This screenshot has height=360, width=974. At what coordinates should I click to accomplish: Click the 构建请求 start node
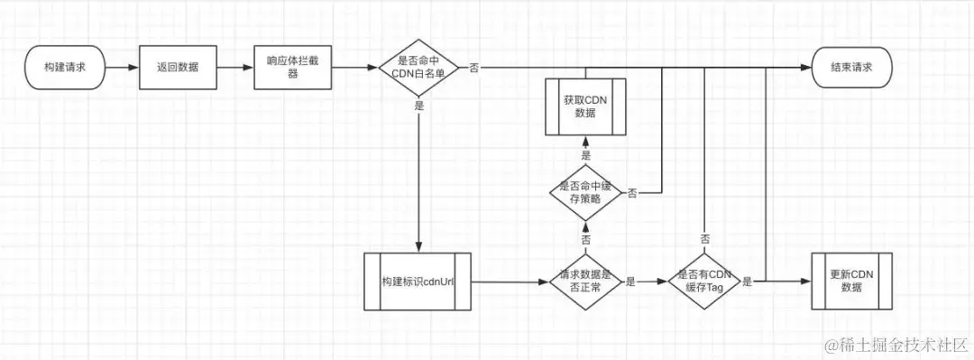[x=66, y=68]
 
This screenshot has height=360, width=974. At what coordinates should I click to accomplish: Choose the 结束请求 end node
[x=852, y=68]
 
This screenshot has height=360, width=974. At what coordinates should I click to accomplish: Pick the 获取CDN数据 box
[x=585, y=106]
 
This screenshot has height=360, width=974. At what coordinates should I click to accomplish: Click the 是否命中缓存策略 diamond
[x=585, y=192]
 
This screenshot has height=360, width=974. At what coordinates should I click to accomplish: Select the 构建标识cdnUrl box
[x=418, y=282]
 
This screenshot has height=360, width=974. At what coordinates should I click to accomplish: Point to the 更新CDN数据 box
[x=851, y=282]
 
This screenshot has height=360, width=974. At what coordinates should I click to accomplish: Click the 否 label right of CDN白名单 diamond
[x=474, y=68]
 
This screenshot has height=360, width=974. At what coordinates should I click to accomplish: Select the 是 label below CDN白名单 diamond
[x=419, y=106]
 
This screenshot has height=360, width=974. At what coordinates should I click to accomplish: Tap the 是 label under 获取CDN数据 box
[x=585, y=154]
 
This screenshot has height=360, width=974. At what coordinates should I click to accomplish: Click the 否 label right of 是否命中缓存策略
[x=632, y=193]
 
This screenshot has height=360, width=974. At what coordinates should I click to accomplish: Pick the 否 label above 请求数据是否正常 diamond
[x=585, y=241]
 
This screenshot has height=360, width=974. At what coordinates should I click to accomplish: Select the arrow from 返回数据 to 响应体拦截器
[x=235, y=68]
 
